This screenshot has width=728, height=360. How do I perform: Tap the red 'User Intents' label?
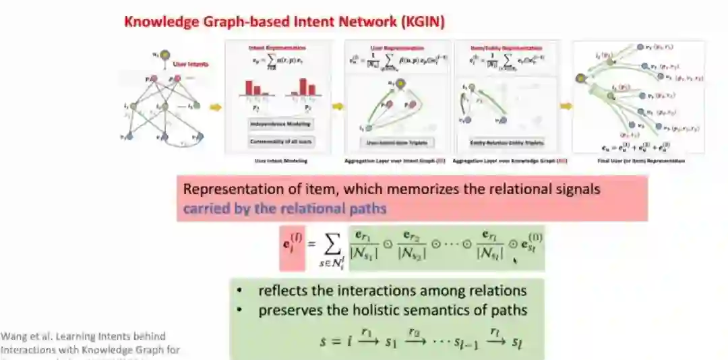coord(190,64)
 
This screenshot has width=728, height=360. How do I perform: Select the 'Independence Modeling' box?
coord(280,125)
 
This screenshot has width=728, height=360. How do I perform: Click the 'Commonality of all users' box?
coord(280,141)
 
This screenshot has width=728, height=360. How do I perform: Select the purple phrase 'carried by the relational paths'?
coord(284,208)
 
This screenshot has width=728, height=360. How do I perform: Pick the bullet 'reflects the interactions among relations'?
coord(392,291)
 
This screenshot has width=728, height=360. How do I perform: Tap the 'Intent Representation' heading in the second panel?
coord(277,48)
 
